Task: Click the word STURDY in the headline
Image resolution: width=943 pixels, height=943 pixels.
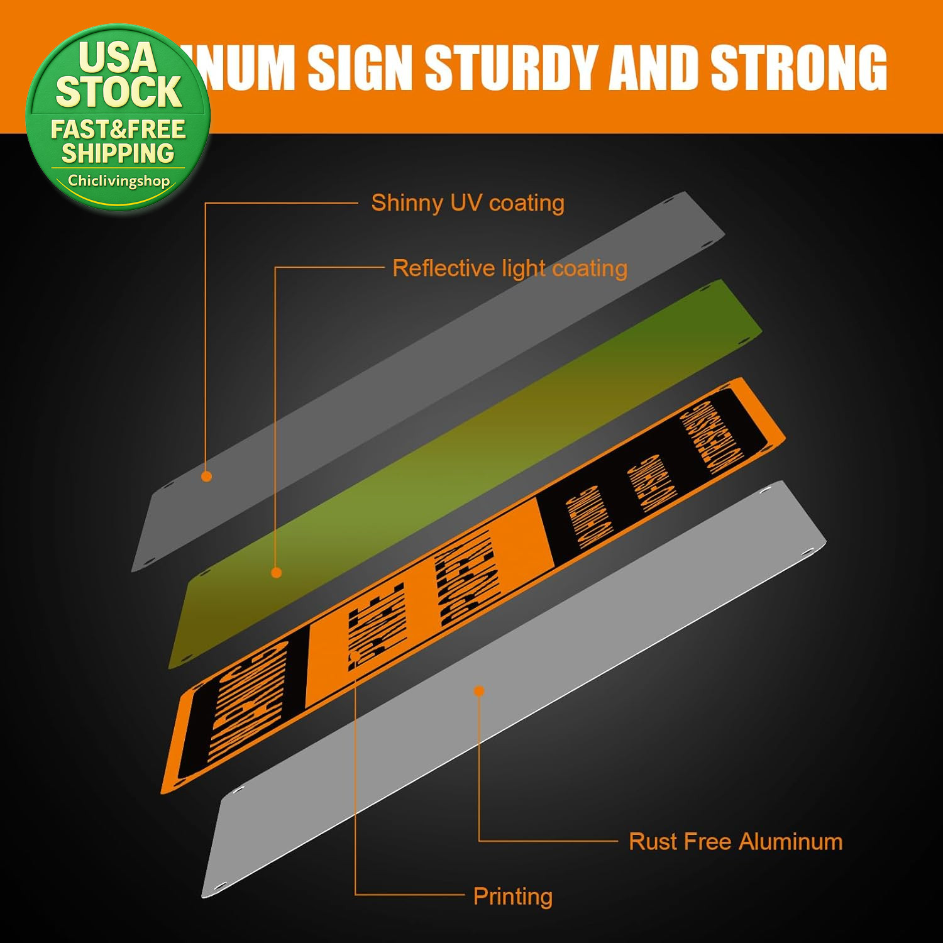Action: tap(511, 67)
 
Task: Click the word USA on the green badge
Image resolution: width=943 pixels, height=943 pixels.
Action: tap(118, 58)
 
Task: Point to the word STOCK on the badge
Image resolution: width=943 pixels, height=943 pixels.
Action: tap(119, 92)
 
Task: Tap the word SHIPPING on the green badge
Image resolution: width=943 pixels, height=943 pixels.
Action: tap(118, 153)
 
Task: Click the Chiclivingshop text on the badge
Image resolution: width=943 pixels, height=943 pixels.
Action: tap(119, 181)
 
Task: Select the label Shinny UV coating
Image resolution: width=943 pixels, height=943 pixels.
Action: tap(467, 203)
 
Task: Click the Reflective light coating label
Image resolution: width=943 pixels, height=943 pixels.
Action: tap(509, 268)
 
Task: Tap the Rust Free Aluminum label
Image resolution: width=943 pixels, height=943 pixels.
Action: tap(735, 841)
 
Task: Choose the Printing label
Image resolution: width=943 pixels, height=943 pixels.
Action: tap(512, 896)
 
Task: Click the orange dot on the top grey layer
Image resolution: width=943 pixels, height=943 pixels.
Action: tap(206, 477)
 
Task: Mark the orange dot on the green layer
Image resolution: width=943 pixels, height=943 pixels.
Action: tap(276, 573)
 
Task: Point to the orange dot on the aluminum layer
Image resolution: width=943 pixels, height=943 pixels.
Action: tap(479, 691)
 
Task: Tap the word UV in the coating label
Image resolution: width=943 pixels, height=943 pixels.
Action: tap(466, 203)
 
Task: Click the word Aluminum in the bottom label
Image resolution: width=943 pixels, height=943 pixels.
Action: tap(790, 841)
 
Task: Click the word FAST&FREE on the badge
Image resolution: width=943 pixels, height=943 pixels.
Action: tap(118, 130)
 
